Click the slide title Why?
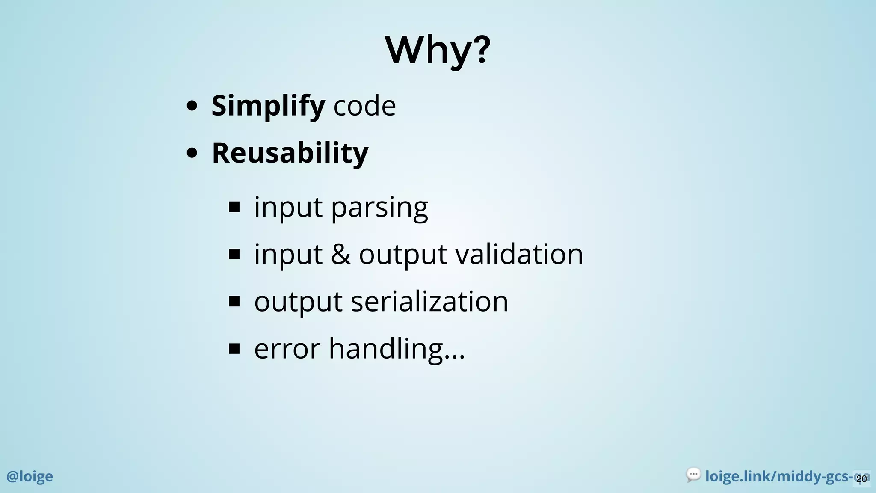pos(438,50)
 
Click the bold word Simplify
pos(268,105)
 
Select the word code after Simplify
pos(364,105)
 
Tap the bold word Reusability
pos(290,153)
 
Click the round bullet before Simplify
pos(192,106)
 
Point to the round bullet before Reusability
pos(192,153)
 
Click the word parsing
pos(379,208)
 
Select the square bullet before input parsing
pos(234,207)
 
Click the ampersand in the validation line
pos(340,254)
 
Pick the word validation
pos(519,254)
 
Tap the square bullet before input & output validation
pos(234,255)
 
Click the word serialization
pos(429,301)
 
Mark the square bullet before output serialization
pos(234,302)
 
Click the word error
pos(287,349)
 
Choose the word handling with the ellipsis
pos(396,349)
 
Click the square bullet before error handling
pos(234,349)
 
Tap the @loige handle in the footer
pos(30,476)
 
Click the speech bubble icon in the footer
pos(693,475)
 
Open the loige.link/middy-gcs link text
pos(778,476)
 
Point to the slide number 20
pos(861,479)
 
